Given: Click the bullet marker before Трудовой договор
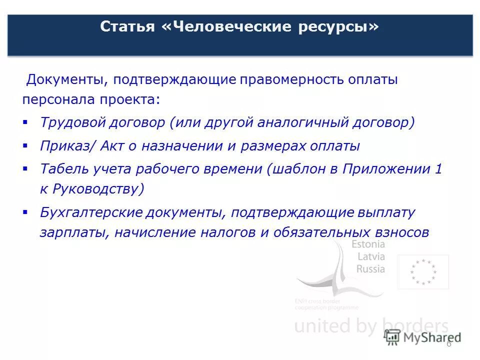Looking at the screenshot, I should (x=25, y=122).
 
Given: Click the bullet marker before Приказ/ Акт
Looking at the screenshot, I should (x=25, y=145).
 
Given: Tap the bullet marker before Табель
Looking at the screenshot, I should (x=25, y=168).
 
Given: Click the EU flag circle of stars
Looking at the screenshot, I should (x=423, y=272).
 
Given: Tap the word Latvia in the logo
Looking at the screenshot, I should (x=370, y=256).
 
